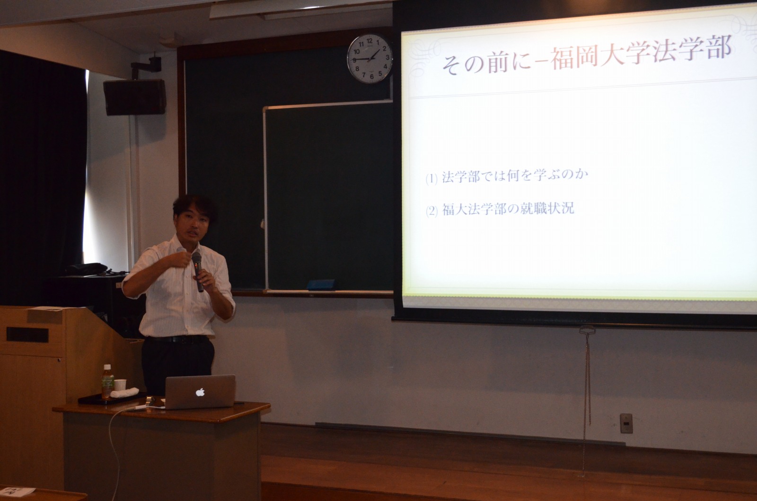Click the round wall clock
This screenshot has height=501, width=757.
(370, 59)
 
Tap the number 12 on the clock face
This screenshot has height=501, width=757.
(370, 41)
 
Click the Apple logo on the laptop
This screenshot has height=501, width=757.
(200, 392)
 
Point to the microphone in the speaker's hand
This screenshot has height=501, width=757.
(198, 271)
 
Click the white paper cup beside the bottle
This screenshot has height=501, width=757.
(120, 386)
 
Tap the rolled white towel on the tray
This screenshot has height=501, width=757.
(125, 393)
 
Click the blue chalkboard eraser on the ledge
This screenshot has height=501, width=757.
(321, 284)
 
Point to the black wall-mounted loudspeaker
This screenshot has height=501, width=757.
(134, 97)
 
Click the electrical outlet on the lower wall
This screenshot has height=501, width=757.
(626, 423)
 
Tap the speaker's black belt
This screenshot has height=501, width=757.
(177, 339)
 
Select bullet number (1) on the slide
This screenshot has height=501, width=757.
(431, 178)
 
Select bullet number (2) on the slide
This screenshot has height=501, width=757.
(431, 211)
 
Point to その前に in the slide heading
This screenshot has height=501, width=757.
(487, 63)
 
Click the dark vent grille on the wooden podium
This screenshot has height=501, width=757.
(27, 334)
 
